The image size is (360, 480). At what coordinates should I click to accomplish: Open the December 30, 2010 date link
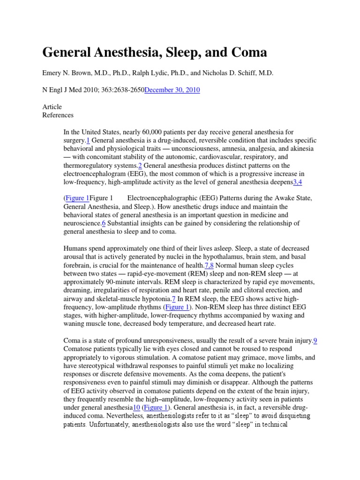(172, 90)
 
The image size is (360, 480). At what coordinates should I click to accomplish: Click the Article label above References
(52, 107)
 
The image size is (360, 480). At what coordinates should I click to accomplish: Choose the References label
(58, 115)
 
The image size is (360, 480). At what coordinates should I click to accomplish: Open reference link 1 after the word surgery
(88, 141)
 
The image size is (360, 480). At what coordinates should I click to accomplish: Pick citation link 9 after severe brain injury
(315, 341)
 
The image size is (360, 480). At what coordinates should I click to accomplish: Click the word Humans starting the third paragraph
(76, 248)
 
